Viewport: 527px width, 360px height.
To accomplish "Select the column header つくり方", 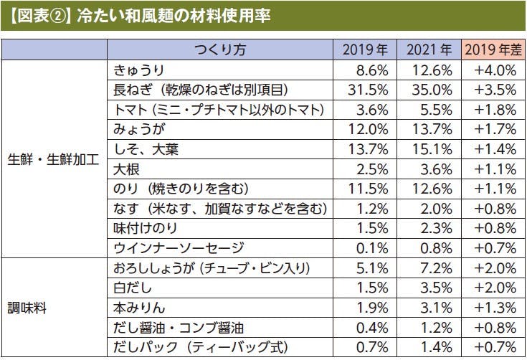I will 220,50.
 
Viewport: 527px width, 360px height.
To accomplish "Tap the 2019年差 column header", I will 491,50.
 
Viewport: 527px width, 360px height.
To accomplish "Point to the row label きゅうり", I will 140,70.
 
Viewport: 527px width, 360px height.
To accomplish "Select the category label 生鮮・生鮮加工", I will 53,159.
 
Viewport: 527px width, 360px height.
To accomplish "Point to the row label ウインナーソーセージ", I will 179,248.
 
